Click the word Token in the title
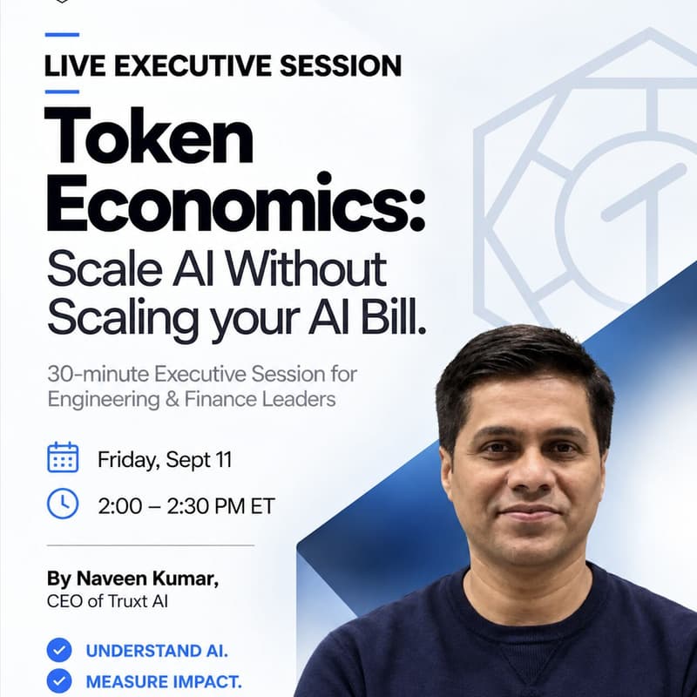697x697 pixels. click(149, 136)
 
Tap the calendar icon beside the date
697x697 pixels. click(63, 457)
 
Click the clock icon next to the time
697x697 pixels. click(63, 504)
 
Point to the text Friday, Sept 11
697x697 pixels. click(165, 460)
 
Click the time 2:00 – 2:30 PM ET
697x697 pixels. click(186, 506)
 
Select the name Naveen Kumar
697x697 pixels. click(147, 579)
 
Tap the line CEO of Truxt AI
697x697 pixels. click(107, 601)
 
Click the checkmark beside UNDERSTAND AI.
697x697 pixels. click(59, 650)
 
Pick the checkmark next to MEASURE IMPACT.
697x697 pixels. click(59, 681)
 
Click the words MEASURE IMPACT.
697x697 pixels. click(164, 682)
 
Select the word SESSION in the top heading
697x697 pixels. click(341, 66)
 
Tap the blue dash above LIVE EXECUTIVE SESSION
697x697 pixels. click(62, 34)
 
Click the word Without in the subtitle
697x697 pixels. click(306, 270)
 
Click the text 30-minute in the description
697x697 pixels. click(98, 375)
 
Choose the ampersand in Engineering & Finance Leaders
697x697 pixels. click(172, 399)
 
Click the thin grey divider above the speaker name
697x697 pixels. click(151, 545)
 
